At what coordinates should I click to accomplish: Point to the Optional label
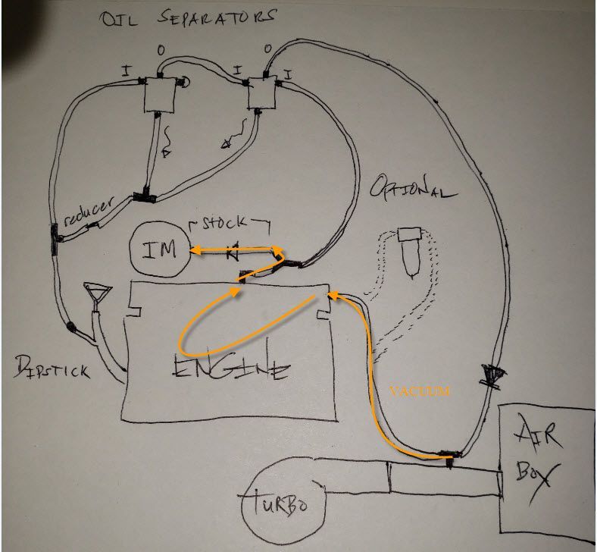pyautogui.click(x=413, y=189)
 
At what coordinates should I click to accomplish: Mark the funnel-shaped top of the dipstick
pyautogui.click(x=96, y=293)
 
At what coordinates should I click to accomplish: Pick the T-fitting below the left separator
pyautogui.click(x=144, y=197)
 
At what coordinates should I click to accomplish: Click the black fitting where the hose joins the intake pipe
pyautogui.click(x=449, y=456)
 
